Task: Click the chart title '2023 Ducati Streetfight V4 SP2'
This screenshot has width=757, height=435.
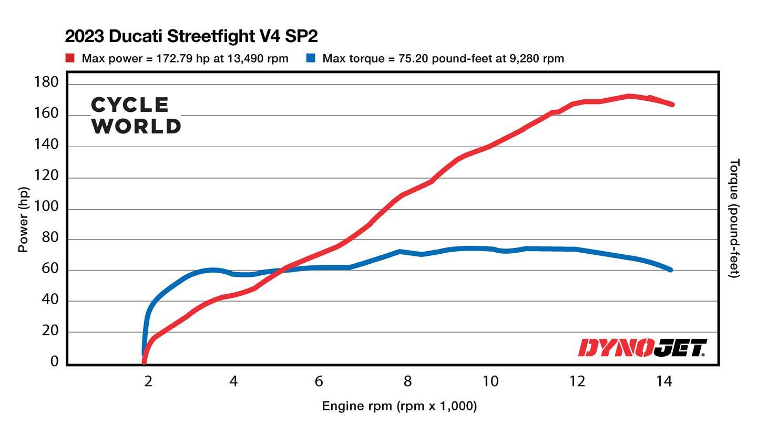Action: [x=191, y=36]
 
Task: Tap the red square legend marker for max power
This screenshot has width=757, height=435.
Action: [x=70, y=58]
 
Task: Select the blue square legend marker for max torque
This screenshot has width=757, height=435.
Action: [x=311, y=58]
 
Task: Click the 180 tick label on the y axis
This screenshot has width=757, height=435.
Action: [x=46, y=82]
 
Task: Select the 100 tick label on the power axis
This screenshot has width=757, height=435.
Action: [x=46, y=209]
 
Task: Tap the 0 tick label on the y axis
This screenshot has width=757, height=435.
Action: [x=55, y=361]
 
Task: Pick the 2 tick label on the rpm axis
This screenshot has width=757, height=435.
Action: [x=148, y=381]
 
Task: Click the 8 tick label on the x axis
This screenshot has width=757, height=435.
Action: [x=407, y=381]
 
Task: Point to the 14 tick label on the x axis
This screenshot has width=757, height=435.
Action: [x=664, y=381]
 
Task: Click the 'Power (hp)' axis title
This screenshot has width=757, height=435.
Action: [x=23, y=219]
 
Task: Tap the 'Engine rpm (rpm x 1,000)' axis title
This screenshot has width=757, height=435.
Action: [x=399, y=406]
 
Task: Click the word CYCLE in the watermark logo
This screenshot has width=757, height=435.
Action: [x=130, y=105]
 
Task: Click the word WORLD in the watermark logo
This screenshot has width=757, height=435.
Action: [x=137, y=126]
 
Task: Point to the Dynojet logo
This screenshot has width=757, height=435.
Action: [x=642, y=348]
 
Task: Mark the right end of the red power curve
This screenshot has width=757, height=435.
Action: [x=671, y=105]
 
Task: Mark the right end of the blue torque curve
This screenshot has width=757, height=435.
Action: [x=670, y=270]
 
